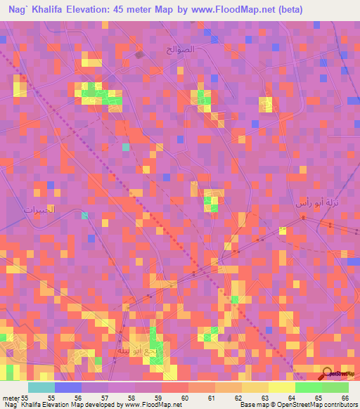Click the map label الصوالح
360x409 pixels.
(x=181, y=50)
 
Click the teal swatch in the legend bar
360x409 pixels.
(x=41, y=387)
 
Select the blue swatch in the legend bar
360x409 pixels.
(x=68, y=387)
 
